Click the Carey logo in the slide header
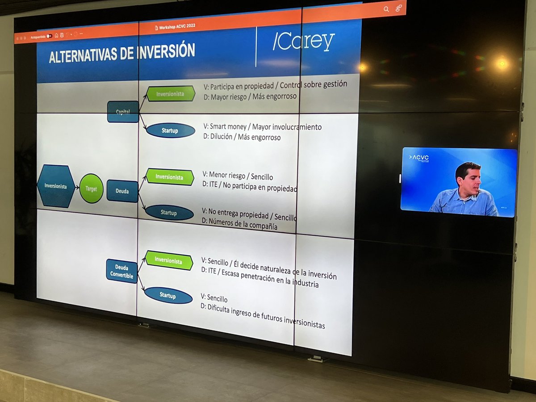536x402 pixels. (304, 42)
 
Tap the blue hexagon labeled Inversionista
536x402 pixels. (56, 186)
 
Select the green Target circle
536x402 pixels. (92, 188)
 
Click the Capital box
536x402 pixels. (123, 112)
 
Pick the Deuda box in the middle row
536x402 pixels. (122, 191)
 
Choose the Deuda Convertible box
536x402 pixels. (121, 271)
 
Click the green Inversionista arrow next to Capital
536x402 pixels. (171, 94)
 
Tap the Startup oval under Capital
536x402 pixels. (171, 130)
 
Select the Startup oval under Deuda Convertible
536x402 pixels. (168, 295)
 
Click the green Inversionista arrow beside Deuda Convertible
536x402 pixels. (169, 260)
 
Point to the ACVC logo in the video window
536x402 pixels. (420, 158)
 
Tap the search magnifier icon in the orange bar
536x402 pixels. (386, 9)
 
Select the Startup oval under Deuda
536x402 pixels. (169, 213)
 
